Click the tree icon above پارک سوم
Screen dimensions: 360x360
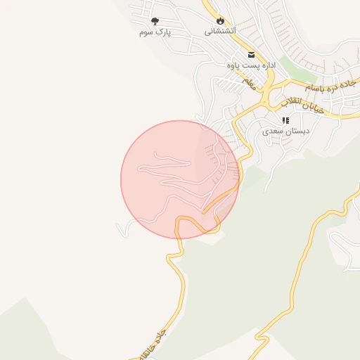(155, 21)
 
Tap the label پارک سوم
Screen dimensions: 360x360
(155, 32)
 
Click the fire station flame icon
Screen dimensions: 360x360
(221, 21)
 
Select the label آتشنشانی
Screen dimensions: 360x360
(221, 32)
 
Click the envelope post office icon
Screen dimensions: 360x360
(250, 53)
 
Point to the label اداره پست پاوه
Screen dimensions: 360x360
(250, 65)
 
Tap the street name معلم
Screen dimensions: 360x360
(248, 83)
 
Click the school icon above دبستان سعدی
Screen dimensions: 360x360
(285, 120)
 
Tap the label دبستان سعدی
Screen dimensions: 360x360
(286, 131)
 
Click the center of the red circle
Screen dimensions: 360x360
(180, 179)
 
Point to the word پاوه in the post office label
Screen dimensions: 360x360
(234, 65)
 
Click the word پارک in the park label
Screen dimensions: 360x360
(163, 32)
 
